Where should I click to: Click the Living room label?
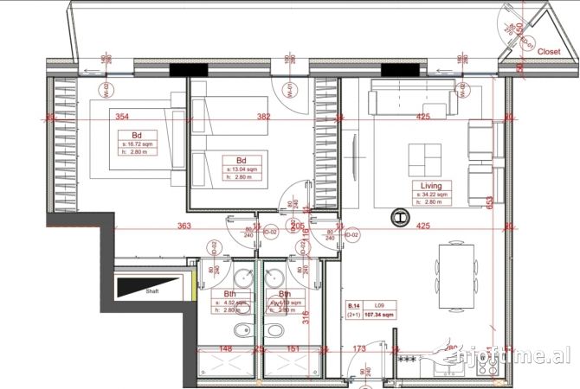pyautogui.click(x=431, y=186)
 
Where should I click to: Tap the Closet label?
pyautogui.click(x=549, y=52)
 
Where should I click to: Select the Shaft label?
pyautogui.click(x=151, y=291)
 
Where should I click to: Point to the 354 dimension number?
pyautogui.click(x=122, y=117)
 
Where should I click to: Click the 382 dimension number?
pyautogui.click(x=263, y=117)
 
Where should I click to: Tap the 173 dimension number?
pyautogui.click(x=360, y=349)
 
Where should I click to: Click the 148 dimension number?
pyautogui.click(x=225, y=349)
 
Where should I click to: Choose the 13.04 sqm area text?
pyautogui.click(x=242, y=169)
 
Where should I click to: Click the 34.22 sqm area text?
pyautogui.click(x=432, y=195)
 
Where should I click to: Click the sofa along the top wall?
pyautogui.click(x=413, y=102)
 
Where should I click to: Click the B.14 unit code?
pyautogui.click(x=354, y=306)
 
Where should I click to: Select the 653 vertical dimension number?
pyautogui.click(x=488, y=201)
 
